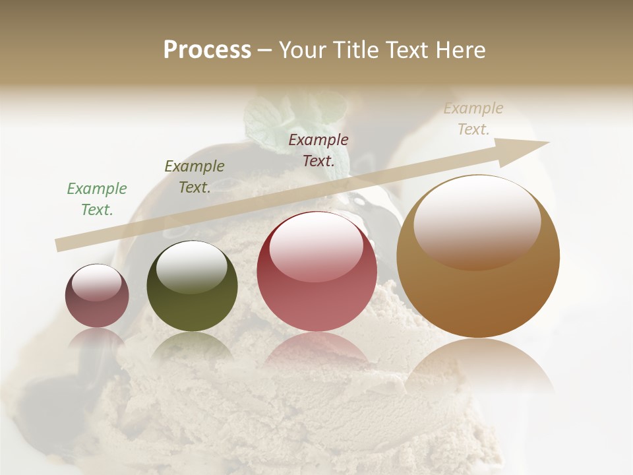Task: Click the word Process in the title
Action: [x=207, y=50]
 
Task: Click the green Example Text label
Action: [x=97, y=199]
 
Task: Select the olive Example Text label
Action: [x=195, y=177]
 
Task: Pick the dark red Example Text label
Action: [x=318, y=150]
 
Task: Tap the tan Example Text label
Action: [x=473, y=119]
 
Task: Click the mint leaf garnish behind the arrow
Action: [x=270, y=122]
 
